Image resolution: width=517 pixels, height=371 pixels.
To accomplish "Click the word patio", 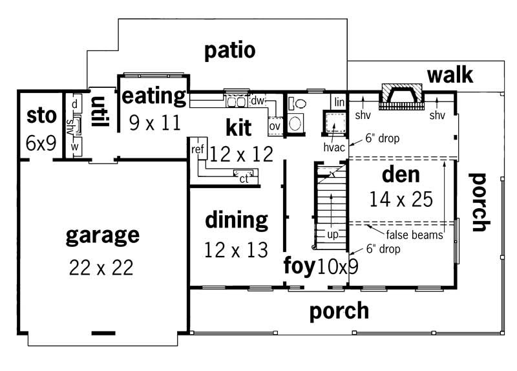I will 230,51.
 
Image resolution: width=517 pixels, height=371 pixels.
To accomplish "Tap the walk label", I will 450,75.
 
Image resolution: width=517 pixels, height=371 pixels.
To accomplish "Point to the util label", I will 99,111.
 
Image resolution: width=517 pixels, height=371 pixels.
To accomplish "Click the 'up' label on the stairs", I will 332,235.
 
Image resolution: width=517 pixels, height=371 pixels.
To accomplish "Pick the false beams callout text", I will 414,235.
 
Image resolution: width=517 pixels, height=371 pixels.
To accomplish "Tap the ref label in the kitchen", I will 198,149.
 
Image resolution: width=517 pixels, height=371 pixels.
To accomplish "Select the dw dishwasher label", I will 257,101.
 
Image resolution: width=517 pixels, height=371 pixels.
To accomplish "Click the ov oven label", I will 275,126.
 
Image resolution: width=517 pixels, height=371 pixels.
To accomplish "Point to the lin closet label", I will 339,102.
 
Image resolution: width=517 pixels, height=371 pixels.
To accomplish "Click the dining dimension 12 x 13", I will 236,249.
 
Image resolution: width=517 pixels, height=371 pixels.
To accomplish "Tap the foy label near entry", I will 299,266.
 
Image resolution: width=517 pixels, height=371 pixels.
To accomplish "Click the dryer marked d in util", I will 75,103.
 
